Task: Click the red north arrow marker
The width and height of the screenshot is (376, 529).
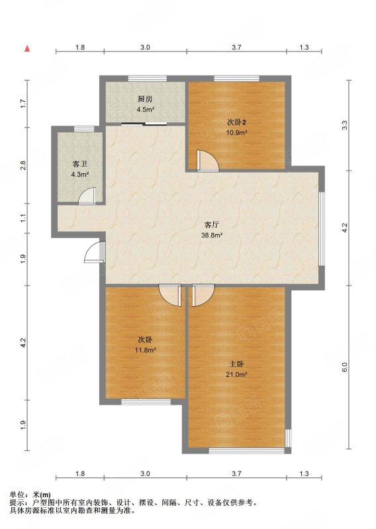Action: click(x=27, y=48)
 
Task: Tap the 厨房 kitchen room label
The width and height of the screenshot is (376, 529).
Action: click(x=145, y=99)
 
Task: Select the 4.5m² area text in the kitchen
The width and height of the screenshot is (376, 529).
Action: click(x=145, y=109)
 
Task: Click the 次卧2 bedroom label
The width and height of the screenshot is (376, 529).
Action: click(x=236, y=122)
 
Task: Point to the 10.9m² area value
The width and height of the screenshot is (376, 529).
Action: click(x=236, y=132)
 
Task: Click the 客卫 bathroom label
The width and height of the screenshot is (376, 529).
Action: click(x=80, y=164)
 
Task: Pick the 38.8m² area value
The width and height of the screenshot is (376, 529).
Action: click(x=212, y=235)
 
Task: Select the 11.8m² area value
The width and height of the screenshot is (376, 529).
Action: click(x=145, y=350)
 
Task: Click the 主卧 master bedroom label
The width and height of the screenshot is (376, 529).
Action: click(x=236, y=364)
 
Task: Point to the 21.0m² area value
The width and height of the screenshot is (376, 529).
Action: click(x=236, y=374)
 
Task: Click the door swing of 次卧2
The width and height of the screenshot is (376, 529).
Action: click(x=208, y=161)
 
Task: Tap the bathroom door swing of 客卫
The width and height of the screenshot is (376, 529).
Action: click(x=88, y=196)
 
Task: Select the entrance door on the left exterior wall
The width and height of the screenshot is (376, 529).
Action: click(x=95, y=252)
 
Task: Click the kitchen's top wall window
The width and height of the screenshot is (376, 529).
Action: click(x=148, y=79)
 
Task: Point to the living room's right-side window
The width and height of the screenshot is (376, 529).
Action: click(x=322, y=229)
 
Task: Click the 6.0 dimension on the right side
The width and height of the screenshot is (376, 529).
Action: click(x=344, y=366)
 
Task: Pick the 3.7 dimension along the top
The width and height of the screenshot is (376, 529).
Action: click(x=236, y=47)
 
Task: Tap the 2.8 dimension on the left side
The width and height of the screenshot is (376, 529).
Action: click(x=23, y=165)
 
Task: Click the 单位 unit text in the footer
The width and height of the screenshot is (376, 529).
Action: click(x=17, y=495)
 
